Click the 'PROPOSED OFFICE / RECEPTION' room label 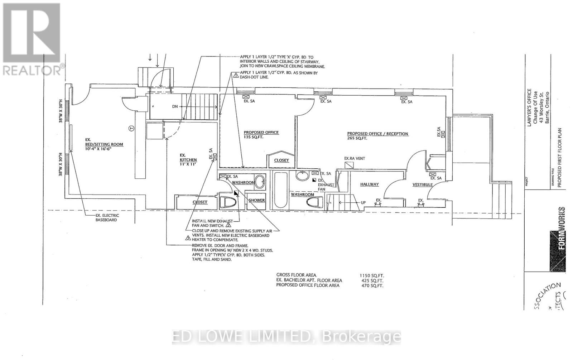coord(377,134)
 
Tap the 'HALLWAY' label coord(369,184)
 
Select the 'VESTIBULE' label coord(423,185)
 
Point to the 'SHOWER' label coord(257,200)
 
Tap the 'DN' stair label coord(175,106)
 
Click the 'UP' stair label coord(363,203)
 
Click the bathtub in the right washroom coord(280,190)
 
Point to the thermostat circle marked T coord(131,128)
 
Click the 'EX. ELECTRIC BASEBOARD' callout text coord(107,217)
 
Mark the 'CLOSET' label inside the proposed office coord(281,160)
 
